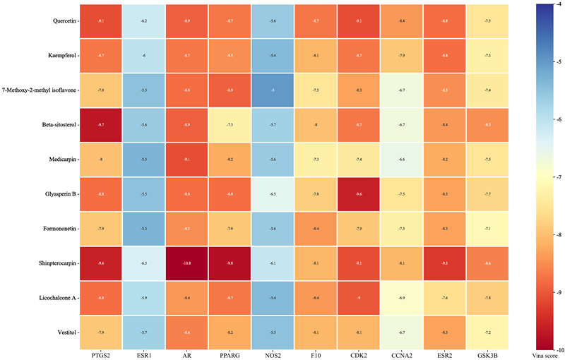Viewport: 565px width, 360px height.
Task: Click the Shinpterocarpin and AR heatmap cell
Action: click(x=187, y=263)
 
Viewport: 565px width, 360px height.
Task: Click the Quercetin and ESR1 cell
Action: click(x=144, y=21)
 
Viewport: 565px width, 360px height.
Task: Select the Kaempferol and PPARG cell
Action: click(x=230, y=56)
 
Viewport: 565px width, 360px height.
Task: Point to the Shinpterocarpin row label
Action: click(x=58, y=263)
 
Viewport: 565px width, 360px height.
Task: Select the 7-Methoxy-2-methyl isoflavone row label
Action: click(x=40, y=90)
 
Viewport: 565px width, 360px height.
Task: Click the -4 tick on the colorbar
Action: click(x=556, y=4)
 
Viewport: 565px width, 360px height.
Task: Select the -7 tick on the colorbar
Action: click(x=556, y=177)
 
